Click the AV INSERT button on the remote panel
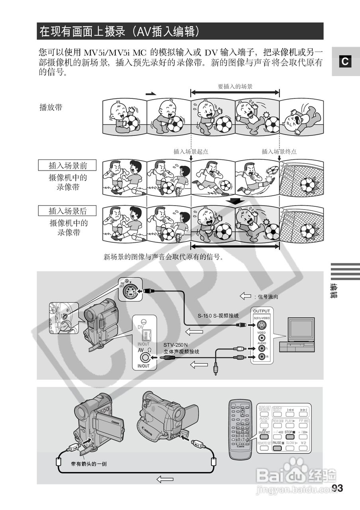(264, 437)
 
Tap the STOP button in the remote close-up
(290, 437)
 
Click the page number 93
(337, 488)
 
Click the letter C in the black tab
(345, 61)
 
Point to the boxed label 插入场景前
(68, 165)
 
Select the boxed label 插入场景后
(68, 210)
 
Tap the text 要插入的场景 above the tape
(235, 86)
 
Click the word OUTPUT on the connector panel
(262, 311)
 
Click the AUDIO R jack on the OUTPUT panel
(262, 357)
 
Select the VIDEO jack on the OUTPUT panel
(262, 337)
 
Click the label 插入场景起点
(191, 151)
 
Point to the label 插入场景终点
(279, 151)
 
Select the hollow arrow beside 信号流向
(244, 296)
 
